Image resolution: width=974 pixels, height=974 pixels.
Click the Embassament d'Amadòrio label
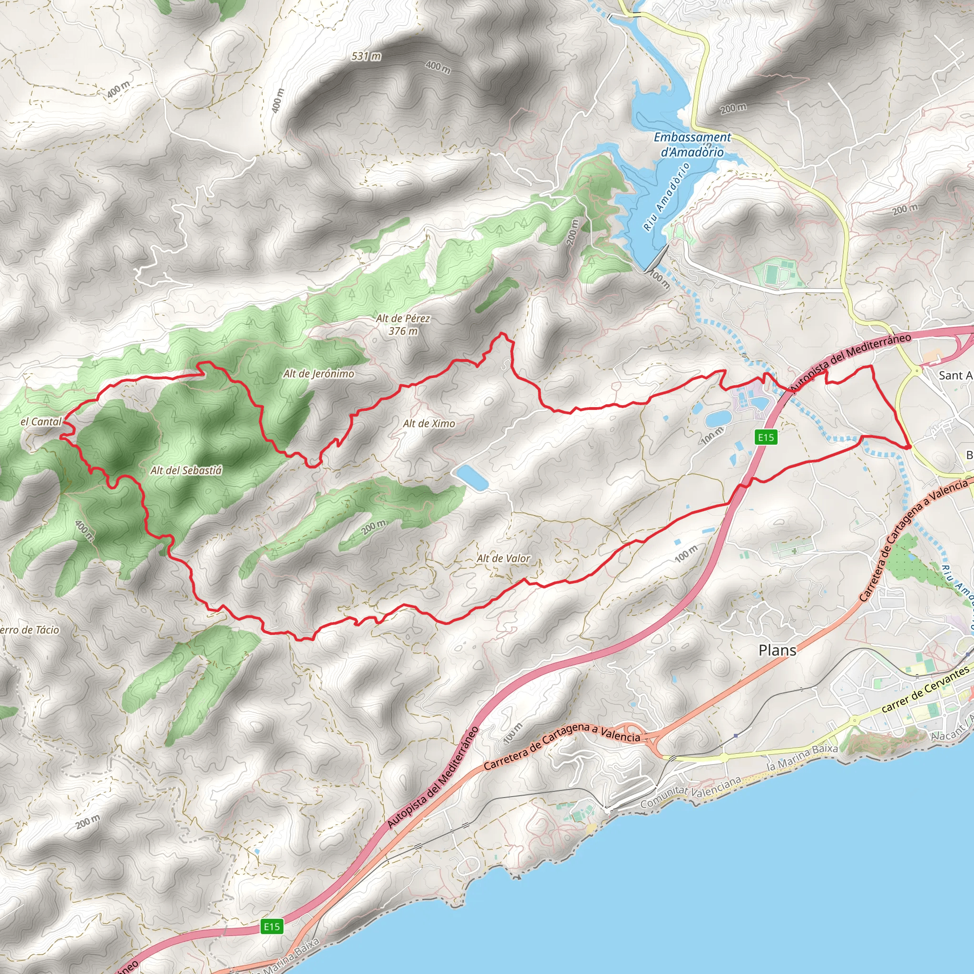[x=692, y=144]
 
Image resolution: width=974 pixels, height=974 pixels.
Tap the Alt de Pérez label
[x=403, y=318]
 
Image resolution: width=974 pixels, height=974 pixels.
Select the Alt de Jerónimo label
[x=318, y=373]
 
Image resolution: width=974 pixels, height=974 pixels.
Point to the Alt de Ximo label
[x=429, y=423]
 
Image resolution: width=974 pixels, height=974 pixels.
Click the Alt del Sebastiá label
[x=186, y=470]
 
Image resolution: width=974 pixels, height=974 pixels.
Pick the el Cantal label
[x=41, y=421]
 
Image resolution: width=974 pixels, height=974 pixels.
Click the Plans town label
[x=778, y=650]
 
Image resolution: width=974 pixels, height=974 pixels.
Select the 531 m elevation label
[x=366, y=56]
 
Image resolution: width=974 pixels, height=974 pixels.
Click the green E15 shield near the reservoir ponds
[x=766, y=437]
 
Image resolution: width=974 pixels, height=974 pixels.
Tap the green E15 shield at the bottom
[x=272, y=926]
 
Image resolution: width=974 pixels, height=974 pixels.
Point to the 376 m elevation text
[x=403, y=331]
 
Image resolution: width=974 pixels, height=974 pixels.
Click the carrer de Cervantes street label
[x=925, y=689]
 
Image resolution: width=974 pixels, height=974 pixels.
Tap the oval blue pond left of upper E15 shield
[x=719, y=418]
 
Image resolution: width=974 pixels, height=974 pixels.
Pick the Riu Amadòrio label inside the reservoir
[x=666, y=197]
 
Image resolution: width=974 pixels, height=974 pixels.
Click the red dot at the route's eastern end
[x=907, y=447]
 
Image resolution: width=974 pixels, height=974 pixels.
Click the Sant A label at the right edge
[x=955, y=376]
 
